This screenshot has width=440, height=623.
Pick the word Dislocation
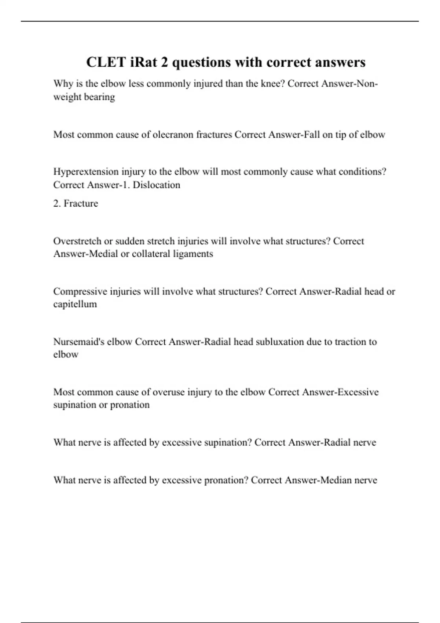pos(157,185)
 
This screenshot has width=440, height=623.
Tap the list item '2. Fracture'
pos(76,203)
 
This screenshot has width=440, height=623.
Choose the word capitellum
pos(75,304)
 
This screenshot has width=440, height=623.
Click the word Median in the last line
pos(336,480)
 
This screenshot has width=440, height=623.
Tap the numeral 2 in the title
pos(164,62)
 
